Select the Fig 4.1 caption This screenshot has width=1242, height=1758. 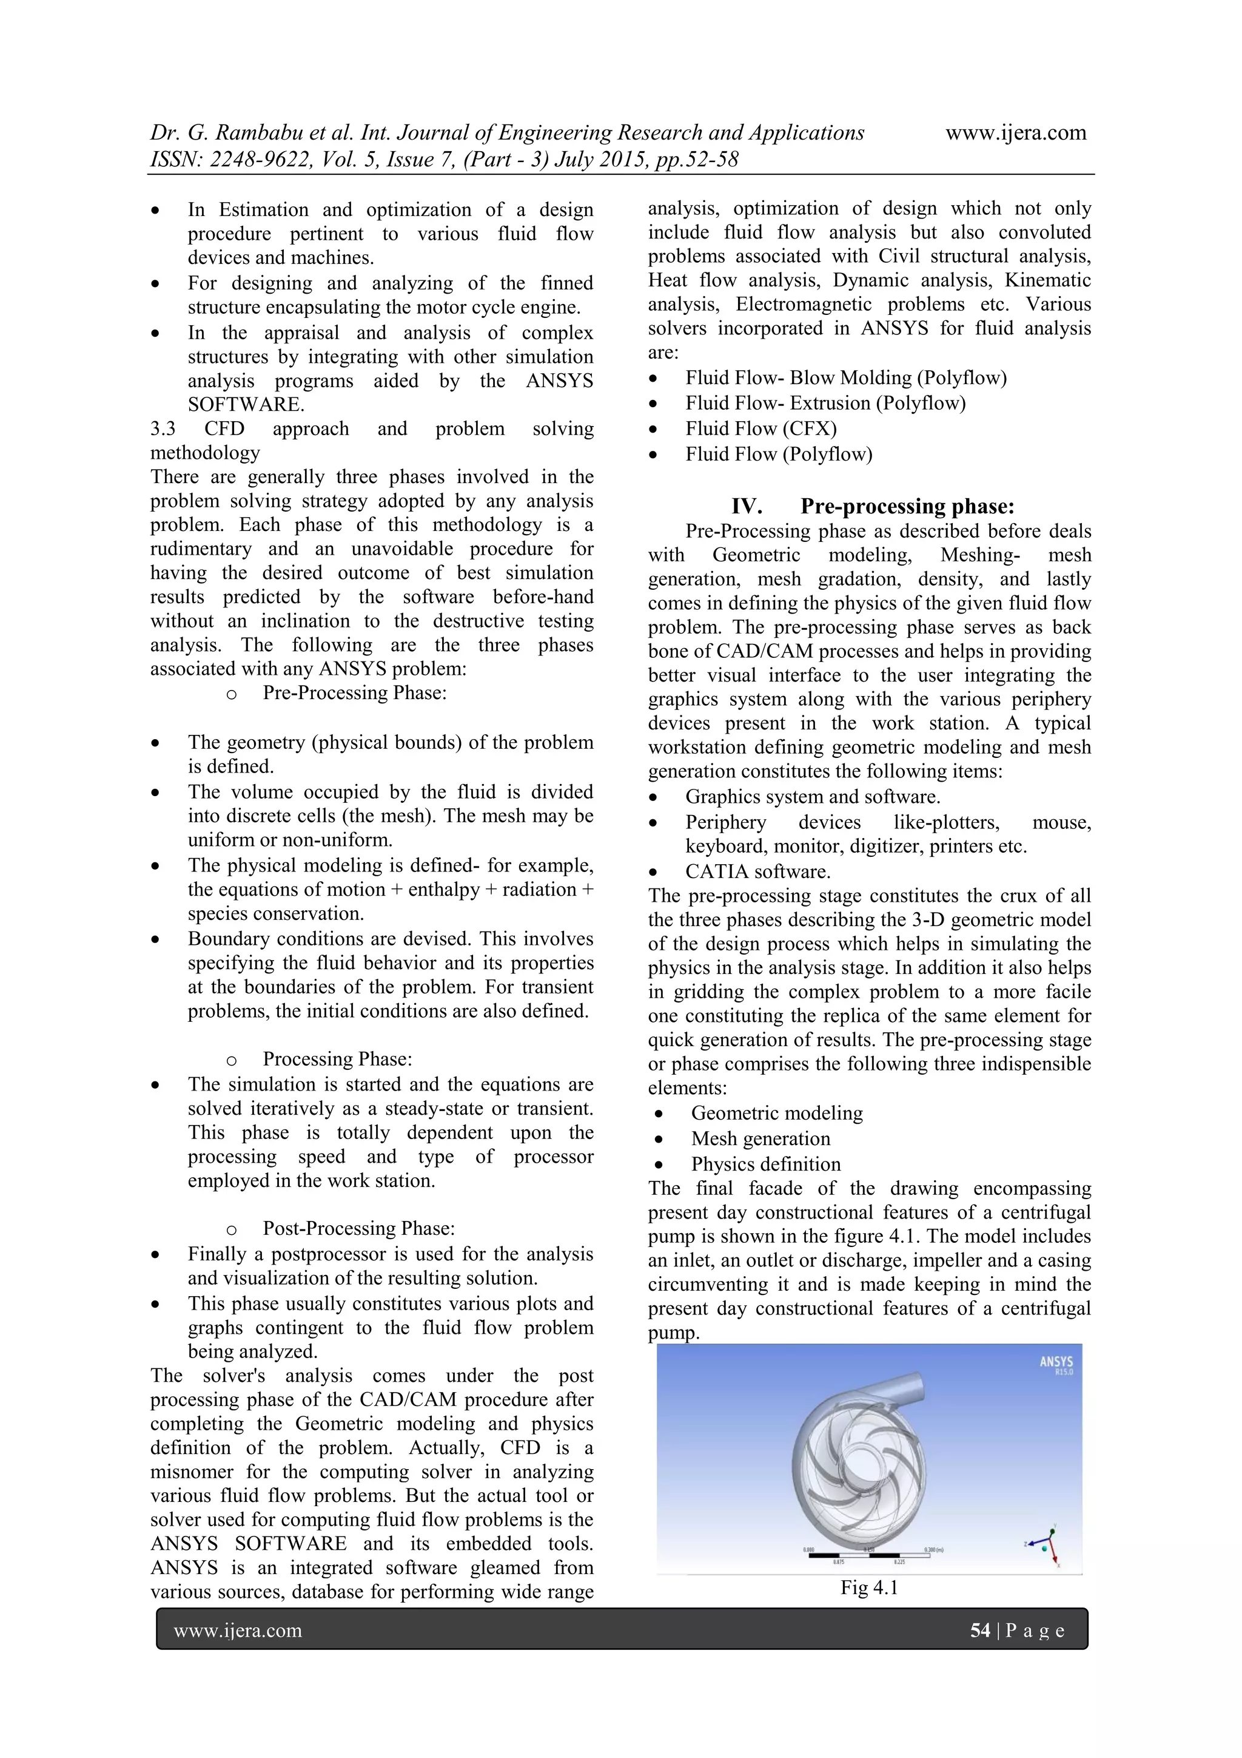[868, 1587]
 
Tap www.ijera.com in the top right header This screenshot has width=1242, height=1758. [1015, 132]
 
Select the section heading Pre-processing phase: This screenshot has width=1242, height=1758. [907, 506]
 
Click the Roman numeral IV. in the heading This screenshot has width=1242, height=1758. [746, 506]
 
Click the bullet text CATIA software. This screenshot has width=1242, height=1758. [757, 871]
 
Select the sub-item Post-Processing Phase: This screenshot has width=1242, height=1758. [358, 1228]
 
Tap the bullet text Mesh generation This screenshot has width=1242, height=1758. [760, 1138]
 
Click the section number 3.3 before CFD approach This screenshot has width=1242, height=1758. [163, 429]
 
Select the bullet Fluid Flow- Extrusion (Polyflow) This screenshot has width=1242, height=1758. [825, 403]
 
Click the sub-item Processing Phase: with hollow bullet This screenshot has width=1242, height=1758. [337, 1059]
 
